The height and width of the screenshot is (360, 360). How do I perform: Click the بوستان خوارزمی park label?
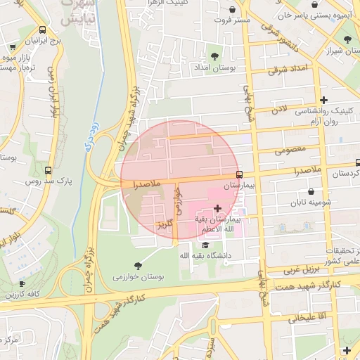click(138, 277)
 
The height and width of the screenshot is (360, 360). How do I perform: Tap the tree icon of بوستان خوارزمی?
click(137, 265)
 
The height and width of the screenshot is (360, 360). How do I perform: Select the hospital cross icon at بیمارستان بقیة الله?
click(217, 208)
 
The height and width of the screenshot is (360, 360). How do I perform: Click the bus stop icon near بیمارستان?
click(239, 174)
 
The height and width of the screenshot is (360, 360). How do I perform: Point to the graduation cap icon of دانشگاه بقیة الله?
click(205, 245)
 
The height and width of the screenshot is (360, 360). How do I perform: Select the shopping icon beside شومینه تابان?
click(311, 191)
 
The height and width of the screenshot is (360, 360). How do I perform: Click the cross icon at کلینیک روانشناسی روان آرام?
click(323, 100)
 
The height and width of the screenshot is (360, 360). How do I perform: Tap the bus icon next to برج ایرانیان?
click(43, 30)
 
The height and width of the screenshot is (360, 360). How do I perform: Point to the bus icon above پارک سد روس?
click(49, 170)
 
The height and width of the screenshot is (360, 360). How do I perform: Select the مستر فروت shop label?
click(233, 20)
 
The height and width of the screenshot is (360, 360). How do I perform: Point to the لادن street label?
click(280, 109)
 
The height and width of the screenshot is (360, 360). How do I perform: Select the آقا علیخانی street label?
click(304, 319)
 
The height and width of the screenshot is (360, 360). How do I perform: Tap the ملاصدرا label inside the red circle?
click(147, 184)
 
